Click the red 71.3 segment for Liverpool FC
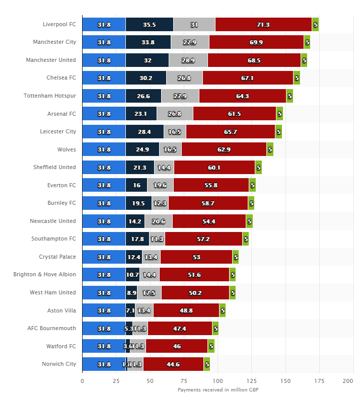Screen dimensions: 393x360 point(263,24)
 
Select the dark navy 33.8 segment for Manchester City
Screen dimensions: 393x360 point(148,42)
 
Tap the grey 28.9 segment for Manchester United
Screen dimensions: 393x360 point(188,60)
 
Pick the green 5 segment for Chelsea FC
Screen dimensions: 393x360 point(297,78)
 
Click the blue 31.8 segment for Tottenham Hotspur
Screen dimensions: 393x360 point(104,96)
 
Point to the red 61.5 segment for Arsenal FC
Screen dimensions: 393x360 point(234,114)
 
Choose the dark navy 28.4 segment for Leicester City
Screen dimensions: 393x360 point(145,132)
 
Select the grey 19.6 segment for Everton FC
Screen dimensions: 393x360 point(160,185)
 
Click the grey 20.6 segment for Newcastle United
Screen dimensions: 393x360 point(158,221)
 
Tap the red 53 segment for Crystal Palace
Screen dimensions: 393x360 point(196,257)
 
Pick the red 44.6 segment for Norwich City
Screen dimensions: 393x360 point(173,364)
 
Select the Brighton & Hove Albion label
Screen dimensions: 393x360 point(45,274)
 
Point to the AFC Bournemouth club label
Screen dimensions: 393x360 point(52,328)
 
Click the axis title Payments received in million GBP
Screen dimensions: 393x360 point(217,389)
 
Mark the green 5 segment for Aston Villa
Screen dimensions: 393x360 point(223,310)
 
